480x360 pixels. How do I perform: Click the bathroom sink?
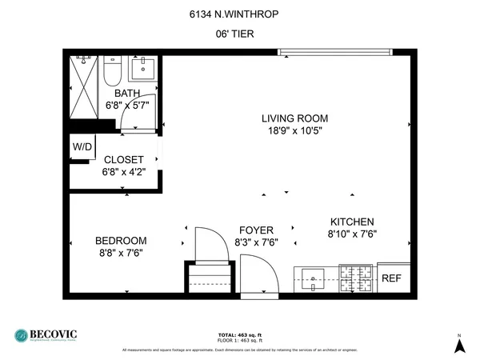(143, 69)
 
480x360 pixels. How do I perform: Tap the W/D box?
(82, 147)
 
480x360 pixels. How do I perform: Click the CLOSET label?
(123, 160)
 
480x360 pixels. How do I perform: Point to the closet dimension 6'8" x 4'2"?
(123, 171)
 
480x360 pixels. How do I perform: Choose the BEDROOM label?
(121, 241)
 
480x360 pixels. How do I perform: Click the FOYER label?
(254, 229)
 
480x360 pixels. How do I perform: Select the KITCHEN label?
(352, 222)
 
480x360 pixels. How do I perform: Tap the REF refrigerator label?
(391, 278)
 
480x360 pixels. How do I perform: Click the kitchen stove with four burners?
(356, 278)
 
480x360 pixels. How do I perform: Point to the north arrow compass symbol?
(459, 345)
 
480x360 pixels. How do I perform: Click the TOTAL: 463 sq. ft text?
(240, 334)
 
